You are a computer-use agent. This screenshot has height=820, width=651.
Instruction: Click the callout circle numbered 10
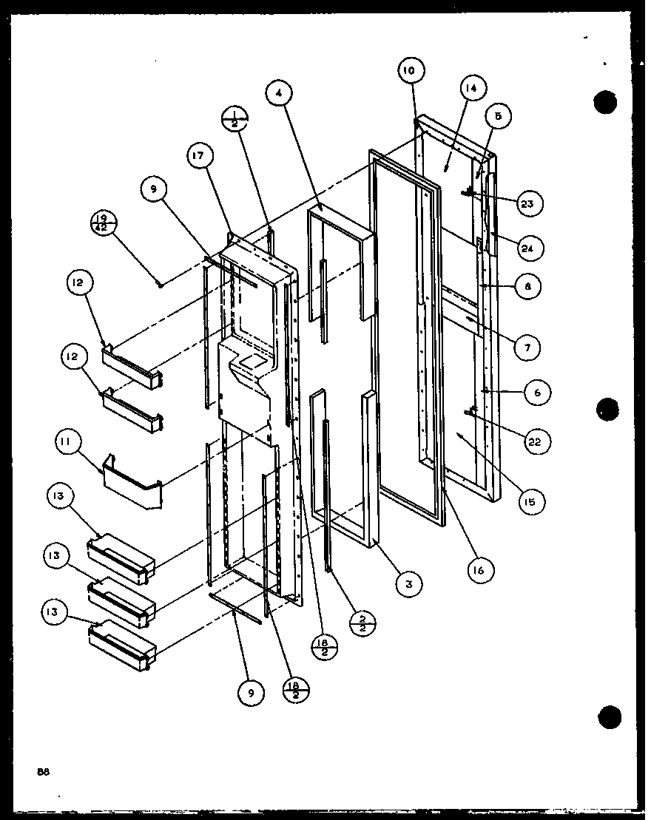click(x=410, y=71)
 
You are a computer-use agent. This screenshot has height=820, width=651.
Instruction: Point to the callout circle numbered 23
click(x=527, y=203)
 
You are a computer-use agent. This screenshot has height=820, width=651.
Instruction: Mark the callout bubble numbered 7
click(x=527, y=346)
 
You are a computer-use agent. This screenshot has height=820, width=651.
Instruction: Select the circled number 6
click(x=537, y=393)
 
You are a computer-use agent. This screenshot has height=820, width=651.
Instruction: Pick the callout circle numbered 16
click(x=480, y=569)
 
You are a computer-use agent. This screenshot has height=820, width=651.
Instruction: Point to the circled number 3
click(x=408, y=583)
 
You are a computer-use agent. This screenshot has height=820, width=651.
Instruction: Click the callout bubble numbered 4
click(x=279, y=94)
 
